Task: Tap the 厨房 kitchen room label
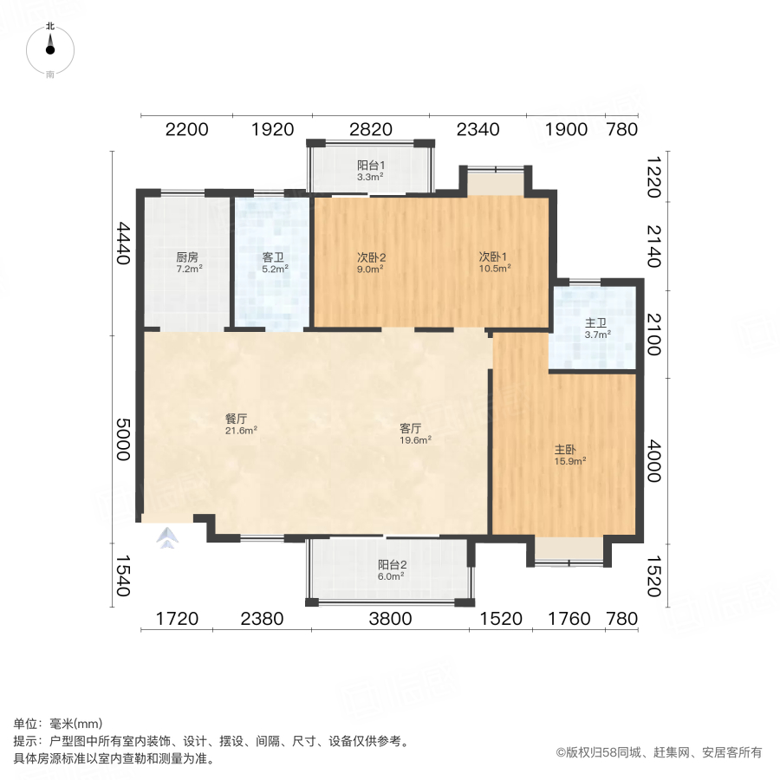(x=187, y=257)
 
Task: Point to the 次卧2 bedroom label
(x=371, y=257)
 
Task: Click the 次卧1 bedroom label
(x=494, y=257)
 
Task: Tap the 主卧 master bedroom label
(x=566, y=450)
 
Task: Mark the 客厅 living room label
(x=411, y=428)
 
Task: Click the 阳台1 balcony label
(x=371, y=165)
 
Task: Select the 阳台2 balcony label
(x=392, y=564)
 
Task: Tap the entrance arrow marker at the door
(x=166, y=540)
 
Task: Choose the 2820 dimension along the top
(x=371, y=130)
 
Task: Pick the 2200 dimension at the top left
(x=187, y=130)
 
